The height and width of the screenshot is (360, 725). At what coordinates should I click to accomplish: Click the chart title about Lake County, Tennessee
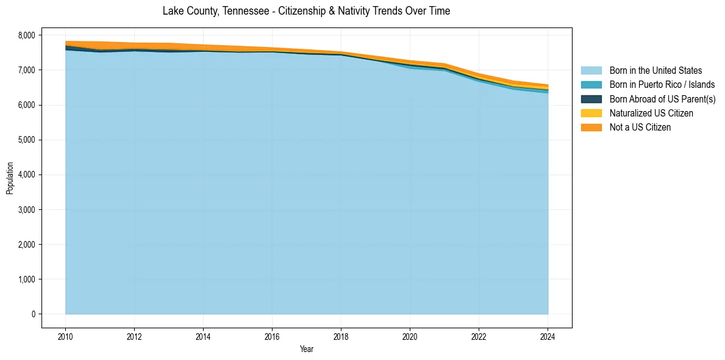(x=306, y=11)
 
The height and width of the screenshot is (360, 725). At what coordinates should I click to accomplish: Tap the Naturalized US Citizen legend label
(x=651, y=113)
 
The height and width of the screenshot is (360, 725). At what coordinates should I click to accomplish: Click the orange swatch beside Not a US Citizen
(x=591, y=128)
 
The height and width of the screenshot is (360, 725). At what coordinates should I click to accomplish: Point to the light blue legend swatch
(x=591, y=71)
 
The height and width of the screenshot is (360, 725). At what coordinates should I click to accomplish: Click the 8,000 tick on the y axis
(x=27, y=35)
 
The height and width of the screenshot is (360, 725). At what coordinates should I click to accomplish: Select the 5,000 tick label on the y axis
(x=27, y=140)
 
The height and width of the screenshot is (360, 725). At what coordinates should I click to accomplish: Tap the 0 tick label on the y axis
(x=33, y=314)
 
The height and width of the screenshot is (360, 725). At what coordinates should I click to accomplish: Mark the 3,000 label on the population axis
(x=27, y=210)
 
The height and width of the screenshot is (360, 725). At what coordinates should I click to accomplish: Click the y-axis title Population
(x=10, y=178)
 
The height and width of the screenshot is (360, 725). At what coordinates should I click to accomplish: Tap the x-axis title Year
(x=306, y=349)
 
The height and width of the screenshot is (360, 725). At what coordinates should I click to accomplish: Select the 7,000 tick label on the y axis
(x=27, y=70)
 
